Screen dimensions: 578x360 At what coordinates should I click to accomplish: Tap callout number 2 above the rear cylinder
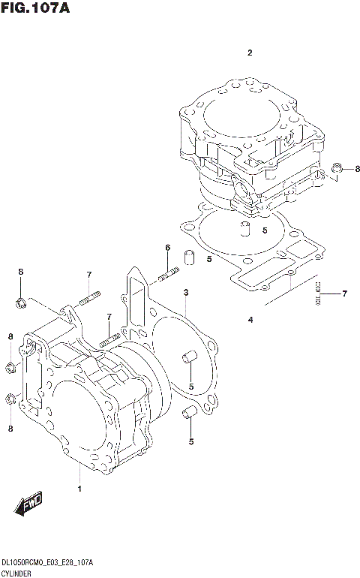250,53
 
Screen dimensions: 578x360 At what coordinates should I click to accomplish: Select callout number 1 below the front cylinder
79,489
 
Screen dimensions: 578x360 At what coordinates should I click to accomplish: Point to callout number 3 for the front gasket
185,292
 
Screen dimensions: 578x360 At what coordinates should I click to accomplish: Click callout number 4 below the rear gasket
250,321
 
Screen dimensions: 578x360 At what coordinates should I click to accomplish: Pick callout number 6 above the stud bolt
168,248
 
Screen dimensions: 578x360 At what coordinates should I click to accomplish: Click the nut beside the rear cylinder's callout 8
337,168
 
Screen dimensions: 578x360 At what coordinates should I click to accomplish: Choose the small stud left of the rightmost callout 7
318,293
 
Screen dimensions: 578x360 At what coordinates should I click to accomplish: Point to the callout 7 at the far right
344,294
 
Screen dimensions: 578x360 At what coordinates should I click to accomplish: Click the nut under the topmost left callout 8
21,303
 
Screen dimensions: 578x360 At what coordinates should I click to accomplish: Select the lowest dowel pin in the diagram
190,411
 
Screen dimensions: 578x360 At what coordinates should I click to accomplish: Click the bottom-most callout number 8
10,429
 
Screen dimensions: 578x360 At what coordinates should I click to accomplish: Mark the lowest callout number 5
190,441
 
